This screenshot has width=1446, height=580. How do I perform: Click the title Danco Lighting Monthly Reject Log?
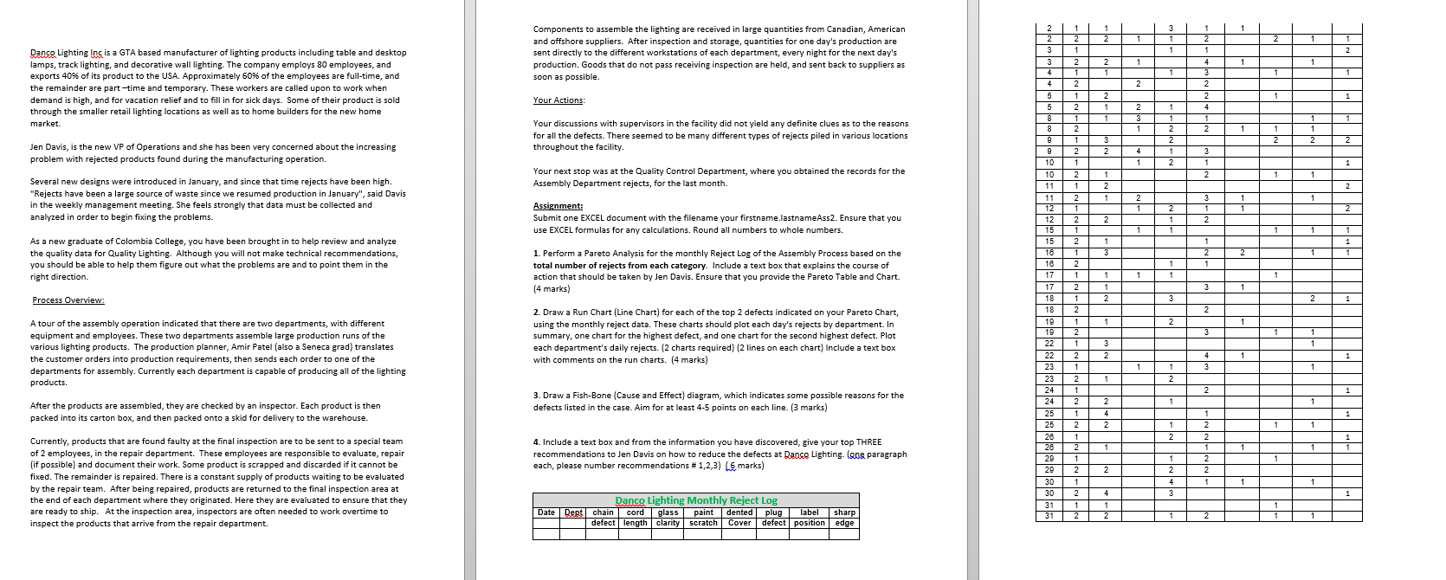coord(696,500)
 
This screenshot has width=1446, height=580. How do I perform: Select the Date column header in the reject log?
coord(546,512)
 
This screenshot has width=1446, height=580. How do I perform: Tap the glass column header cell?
coord(668,512)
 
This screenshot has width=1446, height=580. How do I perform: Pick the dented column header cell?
coord(739,512)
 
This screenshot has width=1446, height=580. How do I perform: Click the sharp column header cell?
coord(844,512)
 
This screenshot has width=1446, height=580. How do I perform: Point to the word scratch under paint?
coord(703,523)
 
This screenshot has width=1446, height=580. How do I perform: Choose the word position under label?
coord(809,523)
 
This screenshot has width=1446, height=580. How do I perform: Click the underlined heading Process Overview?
coord(68,300)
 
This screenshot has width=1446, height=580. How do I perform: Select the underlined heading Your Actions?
coord(558,100)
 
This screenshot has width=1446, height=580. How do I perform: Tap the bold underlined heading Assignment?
coord(558,206)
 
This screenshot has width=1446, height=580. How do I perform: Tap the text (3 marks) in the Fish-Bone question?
coord(808,407)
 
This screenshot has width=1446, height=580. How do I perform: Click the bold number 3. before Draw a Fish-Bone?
coord(537,396)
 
